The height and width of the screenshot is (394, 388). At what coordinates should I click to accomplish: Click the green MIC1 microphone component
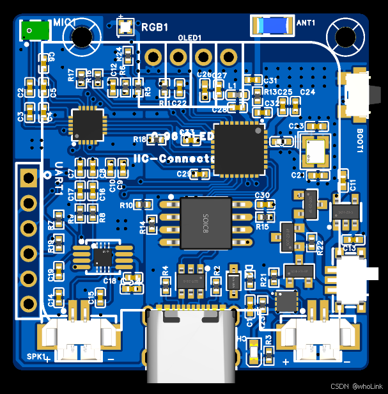click(35, 29)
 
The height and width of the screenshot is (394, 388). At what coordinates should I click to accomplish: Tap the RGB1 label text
click(155, 28)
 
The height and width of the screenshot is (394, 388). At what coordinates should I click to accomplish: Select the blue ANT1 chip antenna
click(275, 25)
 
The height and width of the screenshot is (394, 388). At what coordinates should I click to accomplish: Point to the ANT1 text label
click(307, 23)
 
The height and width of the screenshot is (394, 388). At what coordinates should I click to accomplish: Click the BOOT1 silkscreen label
click(360, 141)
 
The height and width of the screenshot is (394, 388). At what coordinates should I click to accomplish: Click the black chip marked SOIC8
click(206, 223)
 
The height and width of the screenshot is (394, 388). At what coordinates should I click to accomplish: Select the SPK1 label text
click(36, 356)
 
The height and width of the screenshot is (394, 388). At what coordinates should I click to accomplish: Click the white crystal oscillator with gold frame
click(315, 151)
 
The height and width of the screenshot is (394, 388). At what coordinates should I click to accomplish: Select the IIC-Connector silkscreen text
click(173, 159)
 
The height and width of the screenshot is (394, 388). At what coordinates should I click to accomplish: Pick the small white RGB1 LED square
click(124, 27)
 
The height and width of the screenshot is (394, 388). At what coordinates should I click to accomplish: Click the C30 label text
click(262, 195)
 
